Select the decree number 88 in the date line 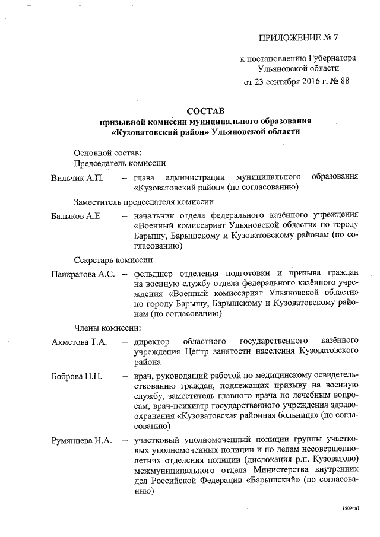click(x=343, y=82)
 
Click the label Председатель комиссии click(x=119, y=162)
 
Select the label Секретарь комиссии click(x=113, y=259)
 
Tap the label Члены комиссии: click(x=107, y=327)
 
